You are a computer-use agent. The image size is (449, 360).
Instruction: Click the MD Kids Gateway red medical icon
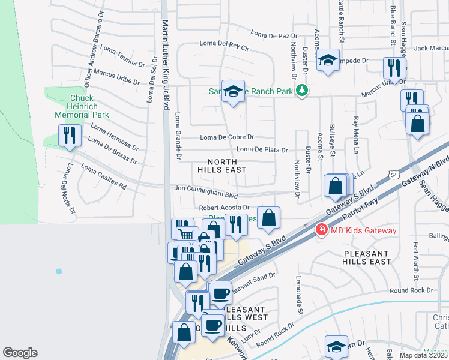pos(322,230)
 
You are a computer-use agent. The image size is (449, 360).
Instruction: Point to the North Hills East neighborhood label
pos(222,166)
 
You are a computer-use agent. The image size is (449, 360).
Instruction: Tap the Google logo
pos(20,352)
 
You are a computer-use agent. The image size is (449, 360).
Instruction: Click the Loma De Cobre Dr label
pos(227,137)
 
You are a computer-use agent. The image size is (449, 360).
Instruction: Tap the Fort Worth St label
pos(415,260)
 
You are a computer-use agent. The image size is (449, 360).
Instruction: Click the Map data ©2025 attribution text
pos(423,355)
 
